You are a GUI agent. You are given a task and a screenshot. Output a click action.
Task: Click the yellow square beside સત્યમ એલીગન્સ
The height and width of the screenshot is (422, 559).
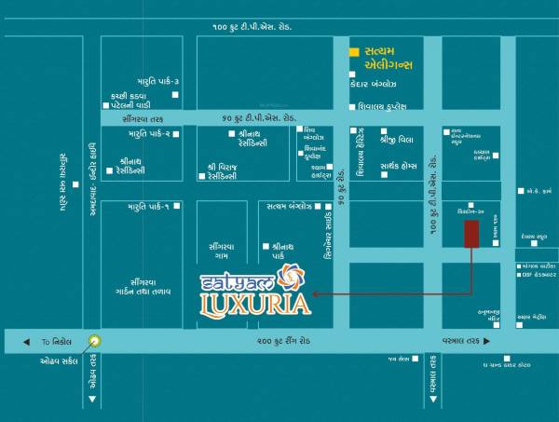coord(353,51)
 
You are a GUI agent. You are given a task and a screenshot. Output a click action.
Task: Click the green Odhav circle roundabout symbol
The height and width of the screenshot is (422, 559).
coord(92,342)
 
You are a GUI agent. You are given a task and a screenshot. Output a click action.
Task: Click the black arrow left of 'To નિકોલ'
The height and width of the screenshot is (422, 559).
coord(27,342)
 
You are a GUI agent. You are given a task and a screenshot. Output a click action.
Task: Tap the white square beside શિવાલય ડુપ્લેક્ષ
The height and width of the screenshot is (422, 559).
coord(353,106)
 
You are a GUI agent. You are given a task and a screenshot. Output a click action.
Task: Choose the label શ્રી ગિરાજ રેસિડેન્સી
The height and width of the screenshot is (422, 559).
coord(229,171)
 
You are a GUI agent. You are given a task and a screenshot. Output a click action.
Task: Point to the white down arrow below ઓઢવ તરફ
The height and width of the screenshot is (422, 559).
coord(92,400)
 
